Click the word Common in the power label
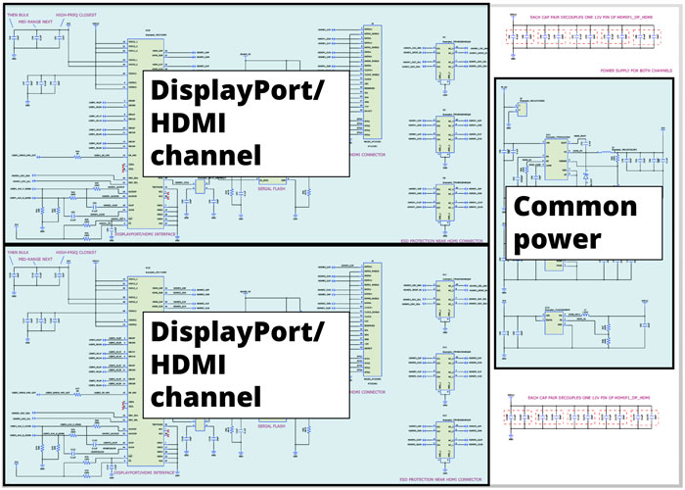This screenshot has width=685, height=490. [x=574, y=208]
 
